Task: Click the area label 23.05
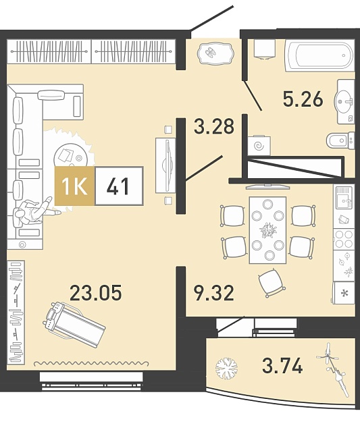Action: [96, 292]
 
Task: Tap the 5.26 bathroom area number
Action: [303, 99]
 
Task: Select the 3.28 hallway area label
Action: [214, 126]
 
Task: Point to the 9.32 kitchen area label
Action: [214, 293]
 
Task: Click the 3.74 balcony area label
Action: [282, 366]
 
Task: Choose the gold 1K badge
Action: [75, 186]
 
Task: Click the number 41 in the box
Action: [118, 186]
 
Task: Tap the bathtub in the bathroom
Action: [319, 56]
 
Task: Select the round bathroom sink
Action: [344, 101]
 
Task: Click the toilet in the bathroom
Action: [340, 140]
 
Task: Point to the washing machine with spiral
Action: [259, 146]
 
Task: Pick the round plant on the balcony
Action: [226, 368]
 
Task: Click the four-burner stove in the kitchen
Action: [344, 239]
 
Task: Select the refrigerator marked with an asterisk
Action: [344, 292]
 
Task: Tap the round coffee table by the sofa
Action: [71, 157]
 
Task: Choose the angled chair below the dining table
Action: [272, 283]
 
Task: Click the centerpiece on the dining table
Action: [268, 230]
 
